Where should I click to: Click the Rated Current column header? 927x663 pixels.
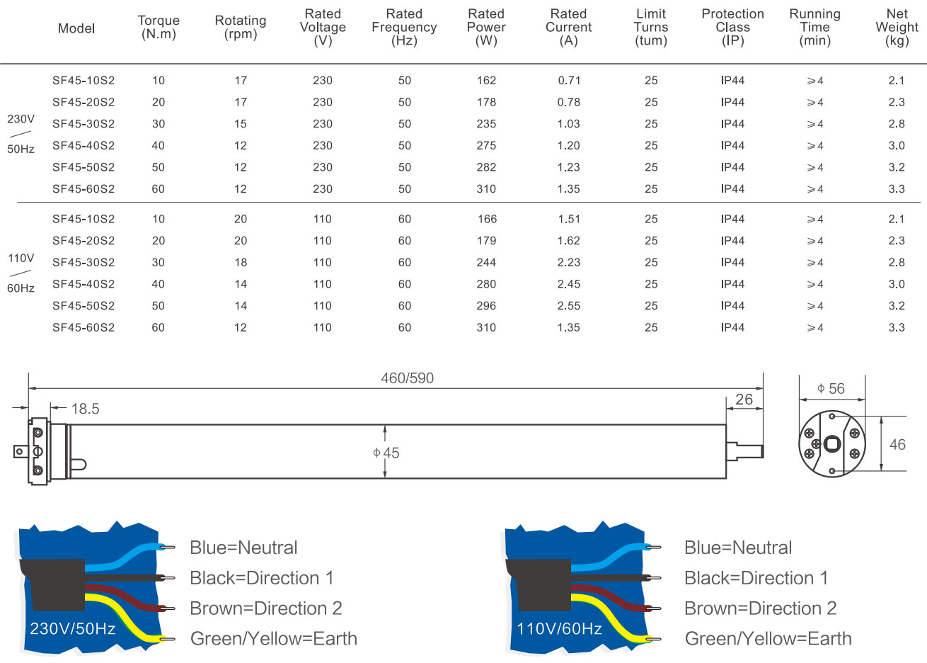click(x=568, y=27)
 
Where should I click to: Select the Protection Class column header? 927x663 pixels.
click(x=732, y=27)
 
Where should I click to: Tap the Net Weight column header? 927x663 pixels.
click(x=897, y=27)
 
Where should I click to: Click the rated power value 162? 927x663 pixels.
click(x=486, y=80)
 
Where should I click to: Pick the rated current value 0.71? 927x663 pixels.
click(x=569, y=80)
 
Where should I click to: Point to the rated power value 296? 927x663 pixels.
click(x=486, y=306)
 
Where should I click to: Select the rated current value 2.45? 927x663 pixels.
click(x=569, y=284)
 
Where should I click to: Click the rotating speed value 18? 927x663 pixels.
click(x=241, y=262)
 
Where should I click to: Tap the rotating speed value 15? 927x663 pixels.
click(x=241, y=124)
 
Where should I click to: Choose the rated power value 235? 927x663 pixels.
click(x=486, y=124)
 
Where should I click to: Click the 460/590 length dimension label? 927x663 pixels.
click(x=407, y=378)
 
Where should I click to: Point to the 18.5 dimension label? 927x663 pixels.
click(x=85, y=409)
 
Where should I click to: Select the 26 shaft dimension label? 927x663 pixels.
click(x=744, y=399)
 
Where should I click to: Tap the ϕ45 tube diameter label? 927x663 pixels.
click(x=386, y=453)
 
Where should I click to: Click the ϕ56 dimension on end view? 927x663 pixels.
click(x=831, y=388)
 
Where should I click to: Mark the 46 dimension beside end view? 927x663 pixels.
click(x=897, y=444)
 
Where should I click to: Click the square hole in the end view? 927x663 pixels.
click(x=831, y=444)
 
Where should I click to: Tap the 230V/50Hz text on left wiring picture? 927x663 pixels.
click(x=72, y=628)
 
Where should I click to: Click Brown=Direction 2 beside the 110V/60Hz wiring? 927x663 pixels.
click(x=761, y=608)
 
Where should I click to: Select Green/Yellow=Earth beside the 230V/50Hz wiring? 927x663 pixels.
click(x=274, y=638)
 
